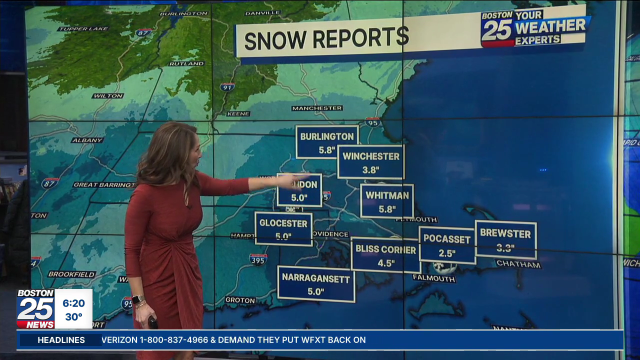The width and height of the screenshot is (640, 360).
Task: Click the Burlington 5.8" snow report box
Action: pos(327,142)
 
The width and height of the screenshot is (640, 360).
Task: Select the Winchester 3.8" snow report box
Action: pos(371,162)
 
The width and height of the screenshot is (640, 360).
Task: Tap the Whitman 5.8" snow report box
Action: pos(387,201)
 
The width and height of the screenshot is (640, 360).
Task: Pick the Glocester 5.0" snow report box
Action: pos(283,229)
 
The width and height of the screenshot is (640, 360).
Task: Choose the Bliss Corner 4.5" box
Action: pos(385,255)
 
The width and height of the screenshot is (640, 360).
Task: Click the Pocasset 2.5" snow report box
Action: pos(447,245)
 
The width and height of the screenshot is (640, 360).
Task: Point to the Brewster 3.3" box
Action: pos(505,239)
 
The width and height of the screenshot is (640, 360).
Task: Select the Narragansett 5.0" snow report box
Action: pos(316,284)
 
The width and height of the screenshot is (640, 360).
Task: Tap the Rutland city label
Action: pos(186,64)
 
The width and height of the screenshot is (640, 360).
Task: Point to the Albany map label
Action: pos(87,140)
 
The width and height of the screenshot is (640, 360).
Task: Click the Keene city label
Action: pos(238,114)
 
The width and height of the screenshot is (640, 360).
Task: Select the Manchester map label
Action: pos(317,108)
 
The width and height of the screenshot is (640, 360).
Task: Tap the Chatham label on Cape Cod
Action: pos(518,264)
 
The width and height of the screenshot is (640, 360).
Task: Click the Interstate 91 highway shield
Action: pos(227,87)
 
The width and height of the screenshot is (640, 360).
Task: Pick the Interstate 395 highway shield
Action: pos(258,259)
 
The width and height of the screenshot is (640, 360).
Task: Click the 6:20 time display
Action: pos(73,303)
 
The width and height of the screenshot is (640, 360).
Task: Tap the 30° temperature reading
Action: pos(73,317)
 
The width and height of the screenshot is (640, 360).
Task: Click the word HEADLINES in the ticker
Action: pos(61,340)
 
